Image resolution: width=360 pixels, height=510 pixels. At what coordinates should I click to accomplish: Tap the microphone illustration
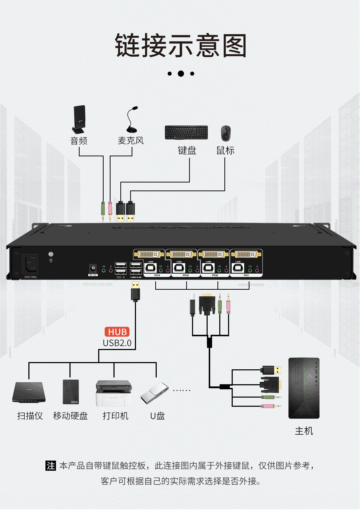point(132,120)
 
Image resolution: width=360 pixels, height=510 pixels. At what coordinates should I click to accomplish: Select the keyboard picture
point(186,133)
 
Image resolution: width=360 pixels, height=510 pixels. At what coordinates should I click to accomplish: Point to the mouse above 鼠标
point(226,133)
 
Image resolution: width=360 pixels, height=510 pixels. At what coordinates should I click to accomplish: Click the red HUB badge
point(117,332)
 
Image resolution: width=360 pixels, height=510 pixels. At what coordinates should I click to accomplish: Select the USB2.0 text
point(117,343)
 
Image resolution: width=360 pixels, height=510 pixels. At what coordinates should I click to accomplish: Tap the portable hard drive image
point(71,392)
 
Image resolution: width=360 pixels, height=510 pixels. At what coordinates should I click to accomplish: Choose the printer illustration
point(113,393)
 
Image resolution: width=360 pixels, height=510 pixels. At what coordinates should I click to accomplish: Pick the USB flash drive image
point(155,394)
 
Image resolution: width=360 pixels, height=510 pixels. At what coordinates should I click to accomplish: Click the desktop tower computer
point(304,388)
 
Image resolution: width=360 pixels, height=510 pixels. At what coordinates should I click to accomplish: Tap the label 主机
point(304,431)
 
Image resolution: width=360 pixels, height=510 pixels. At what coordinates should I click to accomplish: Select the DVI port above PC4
point(149,254)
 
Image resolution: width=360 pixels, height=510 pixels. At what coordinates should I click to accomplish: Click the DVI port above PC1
point(246,254)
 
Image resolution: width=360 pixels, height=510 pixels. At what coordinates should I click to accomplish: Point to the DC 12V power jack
point(93,269)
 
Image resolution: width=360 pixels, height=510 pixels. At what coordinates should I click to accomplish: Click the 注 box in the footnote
point(51,466)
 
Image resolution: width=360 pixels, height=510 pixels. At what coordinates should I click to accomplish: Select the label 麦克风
point(131,141)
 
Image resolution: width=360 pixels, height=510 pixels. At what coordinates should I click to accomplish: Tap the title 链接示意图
point(181,46)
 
